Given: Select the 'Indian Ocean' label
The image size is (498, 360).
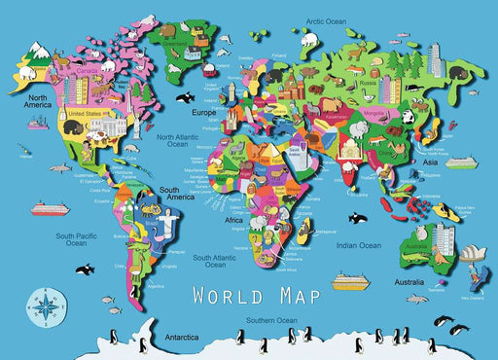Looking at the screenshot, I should [357, 245].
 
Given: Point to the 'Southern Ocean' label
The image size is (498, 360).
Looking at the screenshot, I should [270, 320].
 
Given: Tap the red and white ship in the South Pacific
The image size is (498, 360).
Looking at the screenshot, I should [49, 207].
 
